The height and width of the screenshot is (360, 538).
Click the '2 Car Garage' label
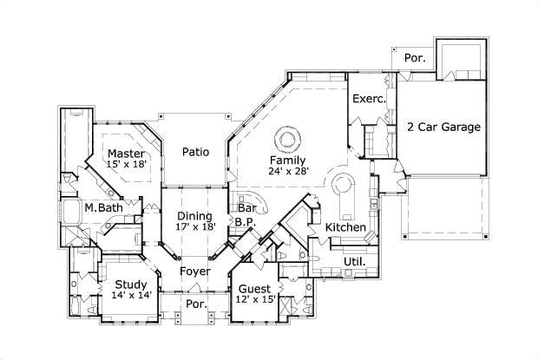point(443,127)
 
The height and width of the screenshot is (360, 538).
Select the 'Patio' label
point(196,152)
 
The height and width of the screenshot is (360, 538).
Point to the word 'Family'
point(286,160)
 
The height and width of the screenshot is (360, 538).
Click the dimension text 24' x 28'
point(287,172)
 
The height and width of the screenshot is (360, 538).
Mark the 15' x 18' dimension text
point(127,164)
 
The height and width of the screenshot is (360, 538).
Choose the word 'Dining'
point(195,215)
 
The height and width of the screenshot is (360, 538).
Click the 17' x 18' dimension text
point(195,226)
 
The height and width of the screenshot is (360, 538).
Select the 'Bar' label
point(246,209)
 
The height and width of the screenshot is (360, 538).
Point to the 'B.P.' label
point(244,221)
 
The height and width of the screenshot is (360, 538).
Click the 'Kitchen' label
point(345,227)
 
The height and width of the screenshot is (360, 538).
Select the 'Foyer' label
point(195,272)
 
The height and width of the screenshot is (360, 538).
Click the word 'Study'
point(131,284)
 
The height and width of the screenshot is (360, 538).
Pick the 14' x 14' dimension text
point(131,295)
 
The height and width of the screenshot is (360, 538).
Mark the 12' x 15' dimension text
point(255,299)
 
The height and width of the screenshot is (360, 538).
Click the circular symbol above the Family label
point(287,138)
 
